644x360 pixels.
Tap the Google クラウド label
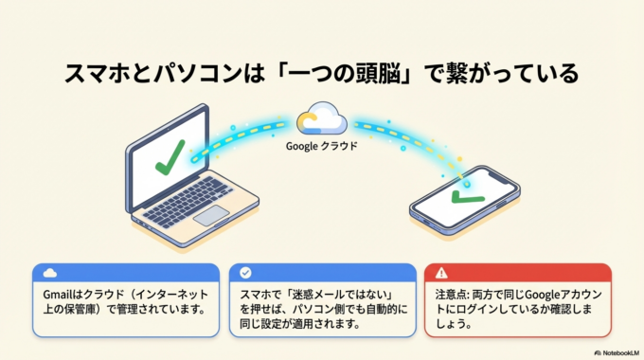(322, 147)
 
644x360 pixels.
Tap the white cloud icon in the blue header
(49, 273)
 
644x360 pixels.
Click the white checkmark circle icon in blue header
(246, 273)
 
